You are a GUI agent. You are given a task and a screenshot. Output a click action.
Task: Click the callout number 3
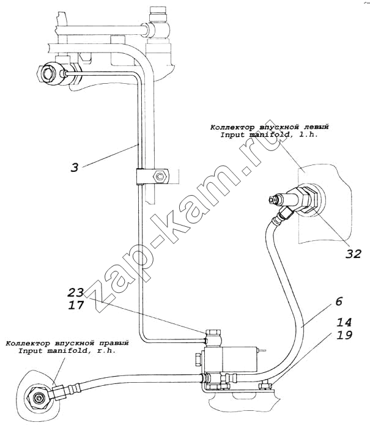tap(74, 166)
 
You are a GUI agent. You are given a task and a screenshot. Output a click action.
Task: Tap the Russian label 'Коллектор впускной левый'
tap(269, 127)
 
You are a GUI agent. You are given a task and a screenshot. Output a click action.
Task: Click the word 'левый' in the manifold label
tap(316, 127)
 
